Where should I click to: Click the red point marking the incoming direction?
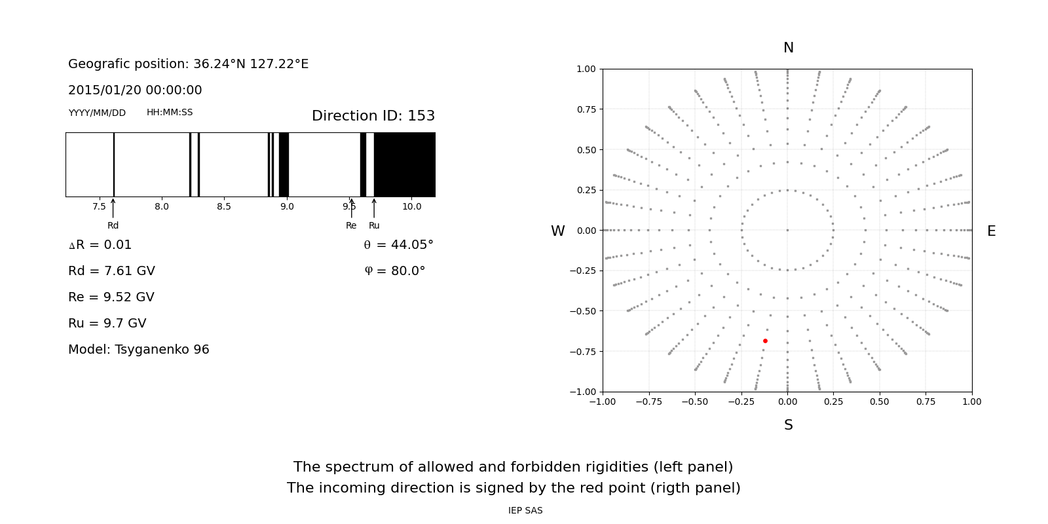click(765, 341)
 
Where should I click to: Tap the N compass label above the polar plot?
click(788, 48)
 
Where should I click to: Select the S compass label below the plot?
click(788, 425)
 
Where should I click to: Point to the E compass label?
click(991, 231)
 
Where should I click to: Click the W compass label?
click(557, 231)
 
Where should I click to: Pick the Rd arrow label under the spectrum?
click(113, 226)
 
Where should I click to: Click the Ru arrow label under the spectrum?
click(374, 226)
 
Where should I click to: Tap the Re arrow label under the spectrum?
click(351, 226)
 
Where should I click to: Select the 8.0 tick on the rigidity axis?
click(162, 207)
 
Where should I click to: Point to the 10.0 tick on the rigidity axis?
click(411, 207)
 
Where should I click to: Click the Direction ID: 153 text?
click(373, 116)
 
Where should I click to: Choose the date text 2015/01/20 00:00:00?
click(135, 90)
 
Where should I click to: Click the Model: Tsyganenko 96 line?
click(139, 350)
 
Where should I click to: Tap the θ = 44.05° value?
click(398, 245)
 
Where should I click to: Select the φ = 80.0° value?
click(394, 271)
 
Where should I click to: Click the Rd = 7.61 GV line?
click(111, 271)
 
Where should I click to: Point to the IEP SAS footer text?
click(525, 511)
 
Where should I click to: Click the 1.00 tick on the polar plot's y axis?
click(586, 69)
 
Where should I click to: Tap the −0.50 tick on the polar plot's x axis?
click(695, 402)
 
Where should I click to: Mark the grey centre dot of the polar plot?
click(787, 230)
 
